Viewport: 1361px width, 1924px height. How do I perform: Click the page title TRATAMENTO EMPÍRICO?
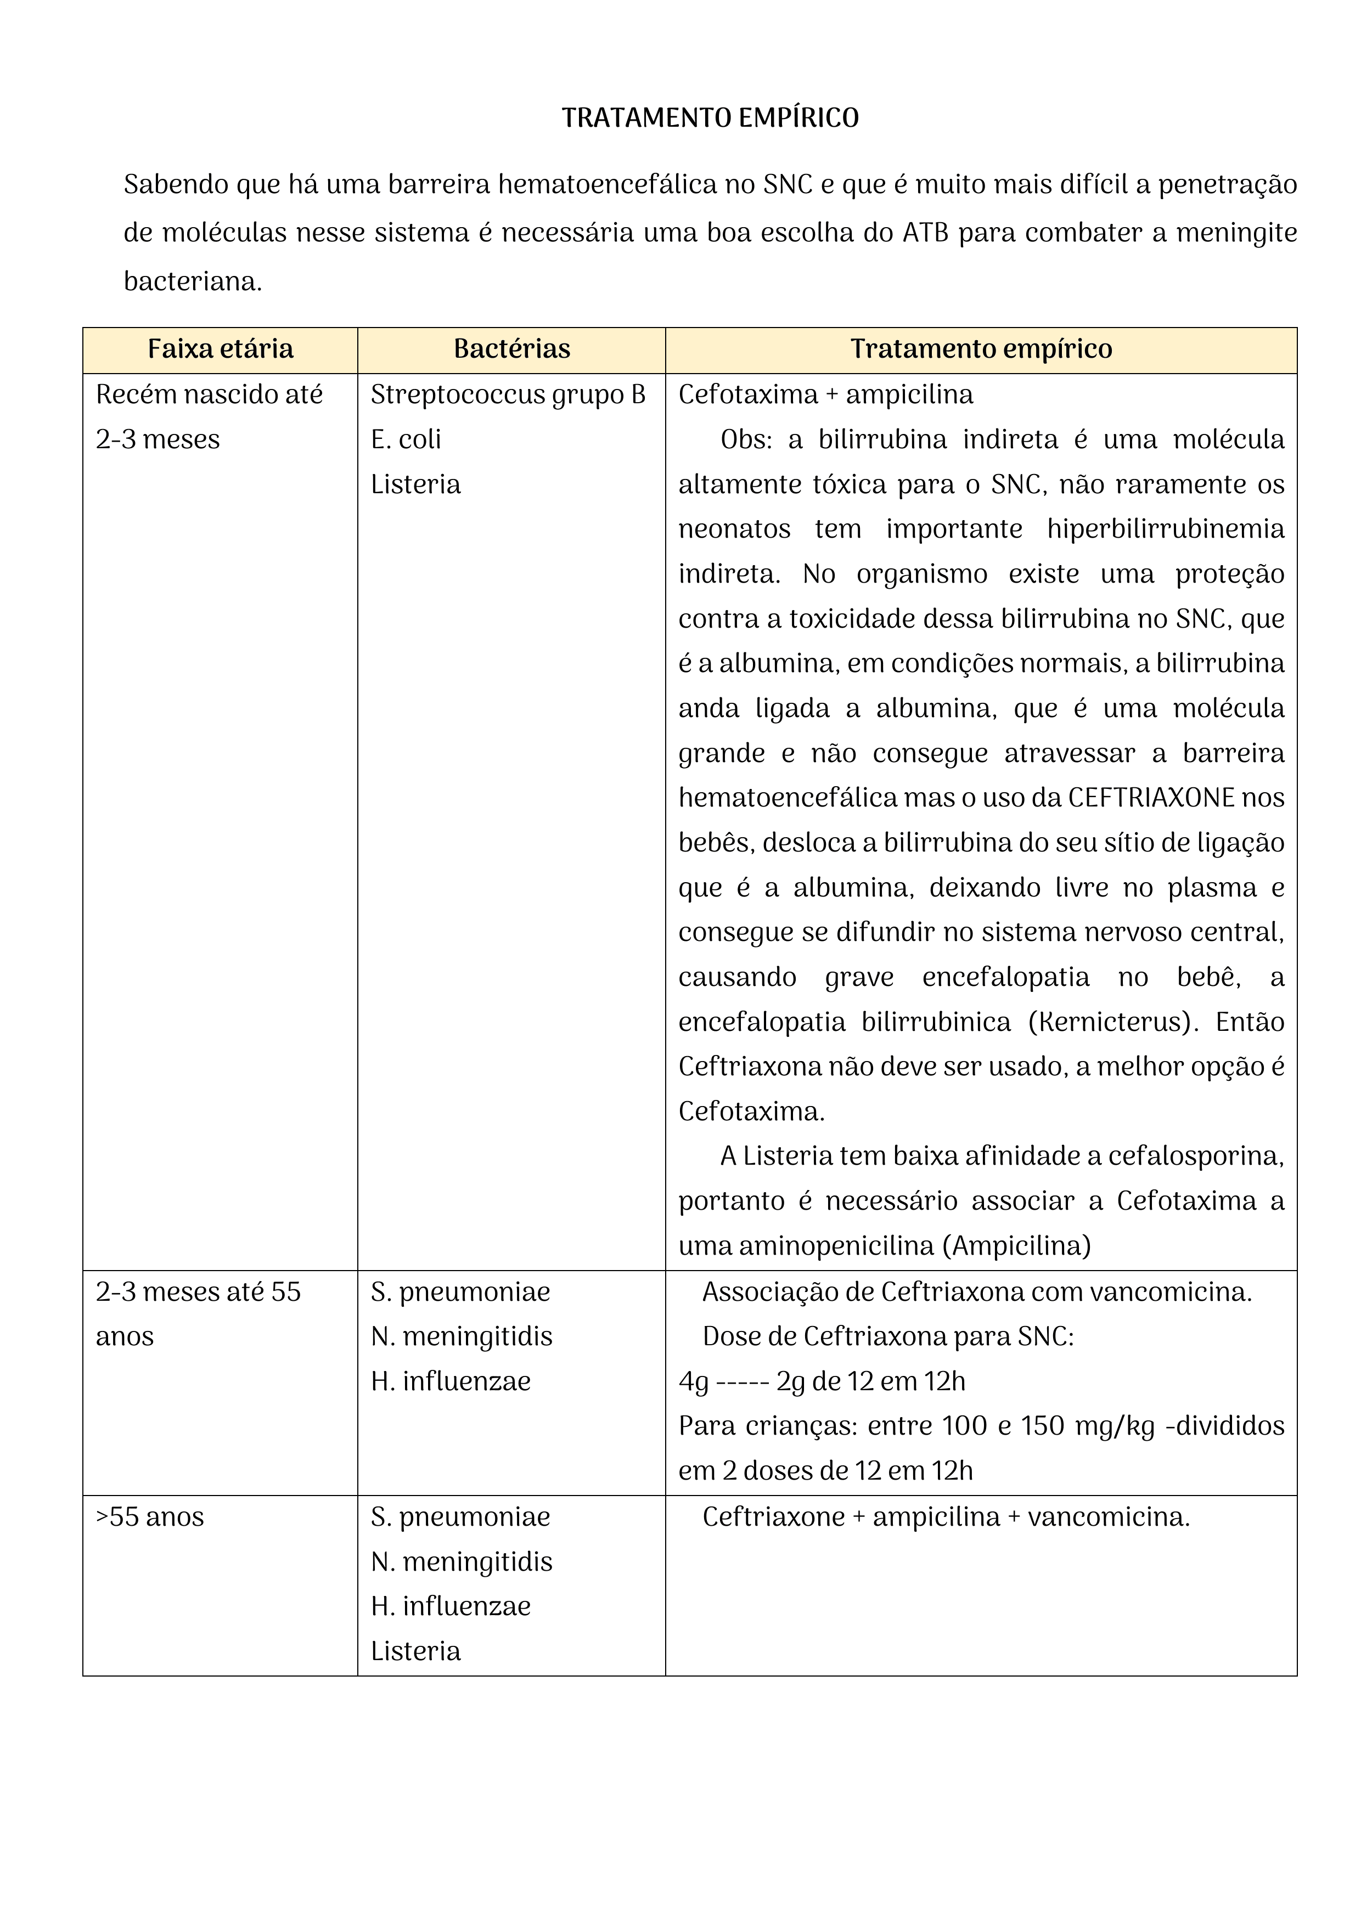[710, 118]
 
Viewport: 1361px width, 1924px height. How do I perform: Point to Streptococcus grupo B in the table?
[508, 394]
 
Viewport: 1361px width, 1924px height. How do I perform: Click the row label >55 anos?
[150, 1517]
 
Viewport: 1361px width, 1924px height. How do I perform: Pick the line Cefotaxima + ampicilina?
[825, 394]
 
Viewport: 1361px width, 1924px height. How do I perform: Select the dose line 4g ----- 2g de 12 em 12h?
[822, 1381]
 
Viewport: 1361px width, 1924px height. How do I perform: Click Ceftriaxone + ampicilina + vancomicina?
[946, 1517]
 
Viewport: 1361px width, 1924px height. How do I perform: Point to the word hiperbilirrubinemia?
[1165, 529]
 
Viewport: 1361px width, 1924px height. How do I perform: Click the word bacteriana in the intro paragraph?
[193, 281]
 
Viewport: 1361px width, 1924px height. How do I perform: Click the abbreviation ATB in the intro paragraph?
[925, 233]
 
